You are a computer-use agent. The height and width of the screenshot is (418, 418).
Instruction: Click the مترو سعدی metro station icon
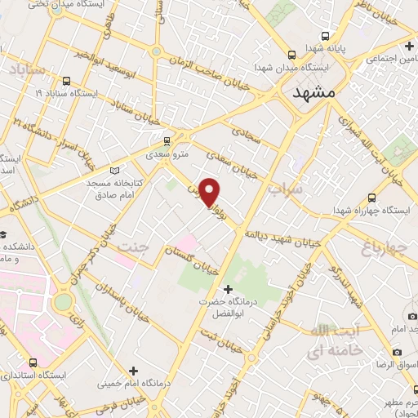click(x=167, y=140)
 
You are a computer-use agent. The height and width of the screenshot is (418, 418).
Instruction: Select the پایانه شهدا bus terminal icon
click(x=326, y=37)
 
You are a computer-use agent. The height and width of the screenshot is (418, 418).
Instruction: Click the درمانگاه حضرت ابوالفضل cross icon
click(x=228, y=289)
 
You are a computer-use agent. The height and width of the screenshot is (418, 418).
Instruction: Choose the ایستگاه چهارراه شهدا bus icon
click(x=372, y=198)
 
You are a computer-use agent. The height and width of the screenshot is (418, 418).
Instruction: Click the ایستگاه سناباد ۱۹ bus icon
click(x=65, y=81)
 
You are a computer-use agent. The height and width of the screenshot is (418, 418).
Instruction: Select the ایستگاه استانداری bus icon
click(x=33, y=362)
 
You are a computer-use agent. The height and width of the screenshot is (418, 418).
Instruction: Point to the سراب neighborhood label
click(x=285, y=189)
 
